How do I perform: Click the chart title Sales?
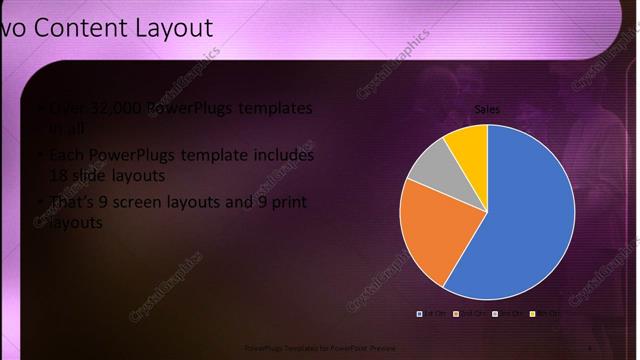point(487,109)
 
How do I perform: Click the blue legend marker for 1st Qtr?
point(420,314)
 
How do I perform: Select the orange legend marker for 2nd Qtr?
point(457,314)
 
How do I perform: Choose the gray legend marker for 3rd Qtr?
point(495,314)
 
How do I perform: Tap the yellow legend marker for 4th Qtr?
point(532,314)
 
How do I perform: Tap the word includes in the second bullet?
point(284,156)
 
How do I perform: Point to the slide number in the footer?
point(591,348)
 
